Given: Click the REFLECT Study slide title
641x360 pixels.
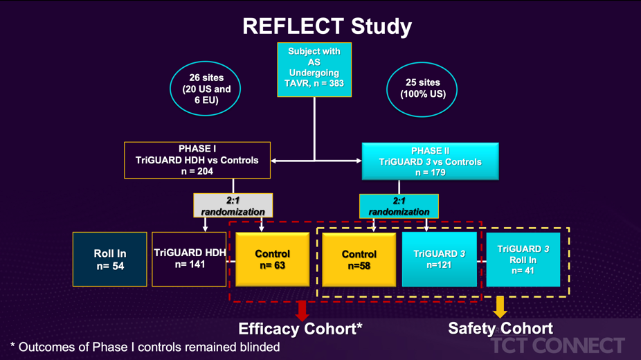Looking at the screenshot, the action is [x=327, y=26].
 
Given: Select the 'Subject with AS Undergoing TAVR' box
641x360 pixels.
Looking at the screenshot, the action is [x=314, y=69].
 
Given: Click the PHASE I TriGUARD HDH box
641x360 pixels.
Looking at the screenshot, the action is [x=197, y=160].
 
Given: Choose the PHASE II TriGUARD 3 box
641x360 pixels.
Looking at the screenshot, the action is [x=431, y=161].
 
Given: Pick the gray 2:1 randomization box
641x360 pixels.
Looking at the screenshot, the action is [x=233, y=205].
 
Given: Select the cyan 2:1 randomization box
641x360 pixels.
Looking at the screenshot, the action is [x=399, y=206].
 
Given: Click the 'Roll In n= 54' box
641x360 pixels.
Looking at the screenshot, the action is [x=110, y=259].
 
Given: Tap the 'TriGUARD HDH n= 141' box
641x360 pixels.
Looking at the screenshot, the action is [x=189, y=259].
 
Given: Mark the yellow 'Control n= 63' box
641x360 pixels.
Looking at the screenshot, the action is [x=272, y=260].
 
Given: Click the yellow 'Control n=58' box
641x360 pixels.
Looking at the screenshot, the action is [x=359, y=260].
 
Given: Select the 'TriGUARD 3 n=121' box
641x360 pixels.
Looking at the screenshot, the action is [x=440, y=259].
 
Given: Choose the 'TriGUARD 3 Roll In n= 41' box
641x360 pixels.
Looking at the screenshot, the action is [x=523, y=260].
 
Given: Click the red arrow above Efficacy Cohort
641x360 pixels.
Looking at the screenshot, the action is [x=302, y=311].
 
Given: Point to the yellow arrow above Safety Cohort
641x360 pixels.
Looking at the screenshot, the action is [x=500, y=307].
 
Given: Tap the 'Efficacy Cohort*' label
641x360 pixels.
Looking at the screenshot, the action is [x=300, y=329].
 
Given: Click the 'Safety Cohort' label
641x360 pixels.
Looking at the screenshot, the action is [x=500, y=328].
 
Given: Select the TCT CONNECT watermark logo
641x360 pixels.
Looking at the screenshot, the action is [x=558, y=345].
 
